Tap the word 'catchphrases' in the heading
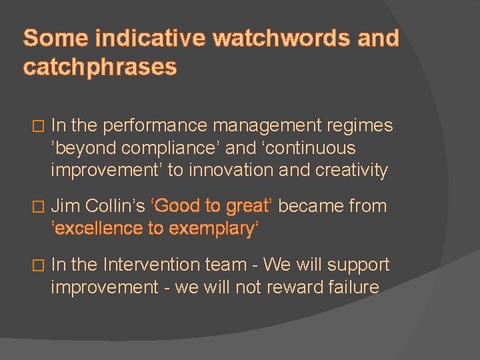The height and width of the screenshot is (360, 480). pyautogui.click(x=100, y=67)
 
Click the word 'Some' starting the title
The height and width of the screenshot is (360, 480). pyautogui.click(x=55, y=38)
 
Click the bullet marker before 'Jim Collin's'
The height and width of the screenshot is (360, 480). pyautogui.click(x=37, y=207)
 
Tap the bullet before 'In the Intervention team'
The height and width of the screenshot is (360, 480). pyautogui.click(x=37, y=266)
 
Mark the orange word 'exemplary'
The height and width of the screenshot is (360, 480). pyautogui.click(x=213, y=229)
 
